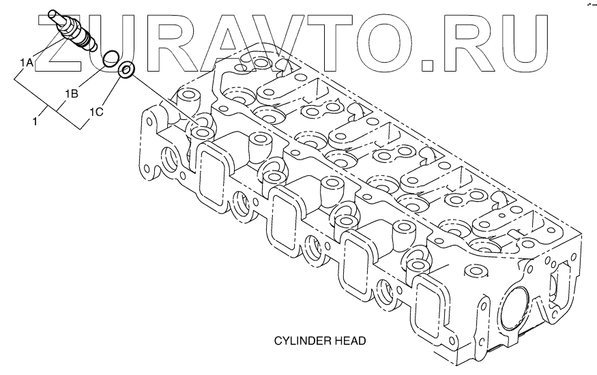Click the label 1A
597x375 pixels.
(26, 63)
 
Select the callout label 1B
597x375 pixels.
(72, 92)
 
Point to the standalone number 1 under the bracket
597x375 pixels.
(34, 121)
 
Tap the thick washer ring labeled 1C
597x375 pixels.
(126, 70)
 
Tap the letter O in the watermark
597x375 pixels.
(389, 43)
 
